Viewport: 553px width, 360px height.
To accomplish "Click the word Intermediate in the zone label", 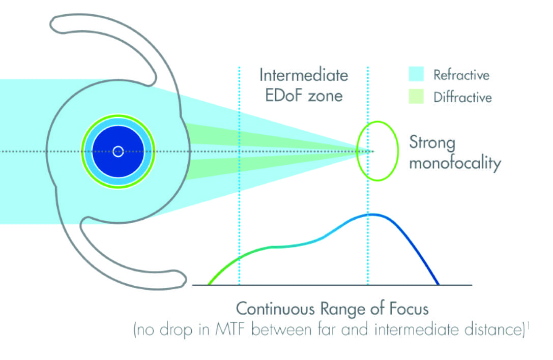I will (304, 75).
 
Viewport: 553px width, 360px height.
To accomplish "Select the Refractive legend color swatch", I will (416, 75).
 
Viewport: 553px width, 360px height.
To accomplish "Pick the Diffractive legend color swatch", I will (416, 97).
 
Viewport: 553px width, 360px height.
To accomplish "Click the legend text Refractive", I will (461, 75).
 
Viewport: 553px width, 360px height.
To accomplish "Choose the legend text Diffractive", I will (462, 97).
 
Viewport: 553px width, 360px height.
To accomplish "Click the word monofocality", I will (455, 164).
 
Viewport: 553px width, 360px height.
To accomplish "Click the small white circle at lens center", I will (118, 151).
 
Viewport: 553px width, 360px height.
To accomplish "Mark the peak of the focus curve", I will (372, 215).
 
